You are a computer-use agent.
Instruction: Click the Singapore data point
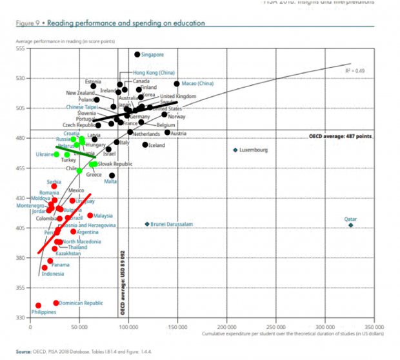click(137, 54)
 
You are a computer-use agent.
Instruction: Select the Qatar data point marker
click(351, 225)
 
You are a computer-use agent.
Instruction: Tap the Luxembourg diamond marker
click(235, 150)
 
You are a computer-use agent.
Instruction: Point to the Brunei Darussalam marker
click(147, 224)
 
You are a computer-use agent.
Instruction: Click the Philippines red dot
click(39, 305)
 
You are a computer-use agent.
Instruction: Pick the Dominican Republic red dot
click(56, 303)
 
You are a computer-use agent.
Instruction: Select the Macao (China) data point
click(177, 84)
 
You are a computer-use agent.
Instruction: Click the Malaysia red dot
click(90, 215)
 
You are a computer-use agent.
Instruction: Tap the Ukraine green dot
click(57, 154)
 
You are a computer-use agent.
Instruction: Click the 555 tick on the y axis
click(20, 48)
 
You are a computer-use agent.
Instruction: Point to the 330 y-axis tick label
click(20, 317)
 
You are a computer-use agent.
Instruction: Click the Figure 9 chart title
click(110, 23)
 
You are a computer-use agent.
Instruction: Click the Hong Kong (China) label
click(154, 73)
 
